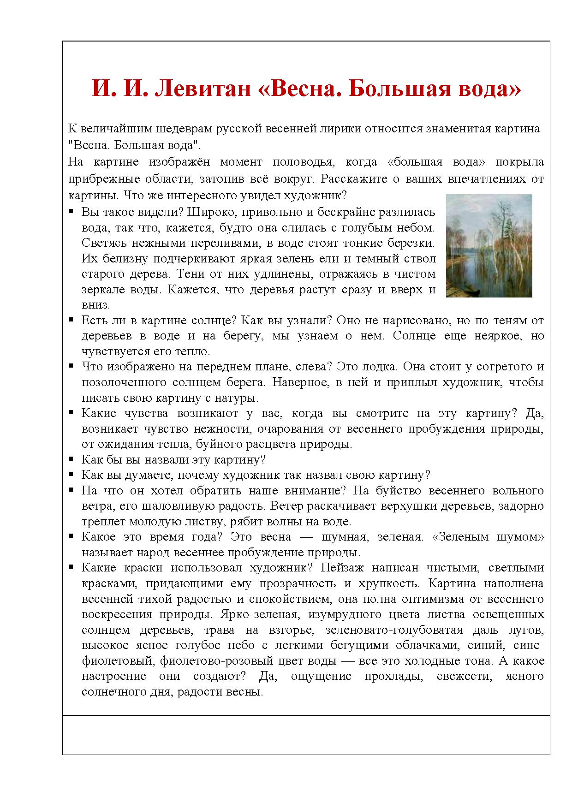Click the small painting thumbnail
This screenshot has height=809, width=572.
[489, 245]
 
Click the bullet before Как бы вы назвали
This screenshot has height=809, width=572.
[71, 459]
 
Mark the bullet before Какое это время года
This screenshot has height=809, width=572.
[71, 536]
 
